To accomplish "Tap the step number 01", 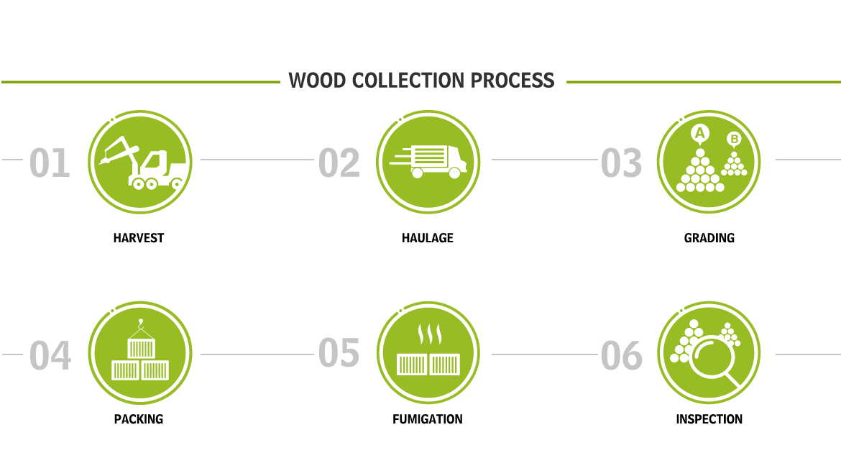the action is (x=50, y=163).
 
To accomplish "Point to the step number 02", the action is (x=339, y=163).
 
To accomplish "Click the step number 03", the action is (x=621, y=163).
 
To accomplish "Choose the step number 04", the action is (x=50, y=355).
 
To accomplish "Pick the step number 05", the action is (x=339, y=353).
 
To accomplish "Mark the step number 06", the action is (x=622, y=355).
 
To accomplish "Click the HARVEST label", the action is (x=139, y=238).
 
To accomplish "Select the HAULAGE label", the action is (x=428, y=238).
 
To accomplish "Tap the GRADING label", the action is (x=709, y=238).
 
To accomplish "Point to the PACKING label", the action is (x=139, y=419).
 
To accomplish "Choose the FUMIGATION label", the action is (x=428, y=419).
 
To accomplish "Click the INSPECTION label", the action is (x=709, y=419).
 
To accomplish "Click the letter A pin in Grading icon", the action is (x=699, y=134).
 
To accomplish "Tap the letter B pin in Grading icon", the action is (x=734, y=139).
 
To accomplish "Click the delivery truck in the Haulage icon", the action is (x=429, y=161).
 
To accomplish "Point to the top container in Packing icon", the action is (x=141, y=348).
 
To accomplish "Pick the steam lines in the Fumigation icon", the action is (x=430, y=334).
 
